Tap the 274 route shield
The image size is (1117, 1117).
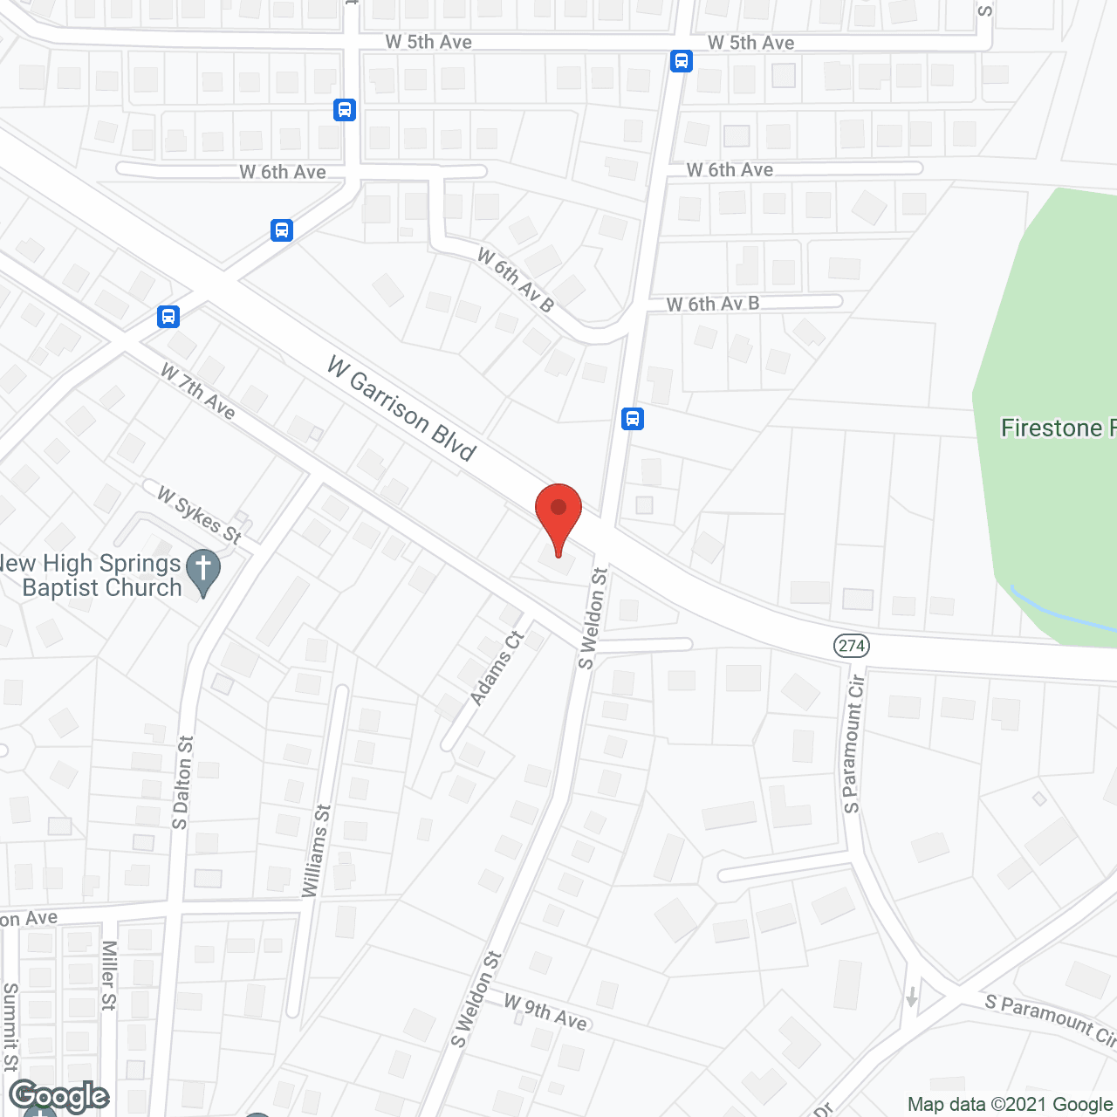[x=851, y=646]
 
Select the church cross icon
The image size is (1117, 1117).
[x=202, y=572]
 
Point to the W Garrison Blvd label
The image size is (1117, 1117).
[x=401, y=408]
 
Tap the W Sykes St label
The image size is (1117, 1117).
[x=199, y=516]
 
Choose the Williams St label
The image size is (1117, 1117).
[x=316, y=851]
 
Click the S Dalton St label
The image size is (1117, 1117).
[x=182, y=783]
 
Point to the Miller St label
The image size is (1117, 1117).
[x=108, y=975]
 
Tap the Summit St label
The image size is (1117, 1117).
[x=10, y=1026]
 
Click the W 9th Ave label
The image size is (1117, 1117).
[x=545, y=1011]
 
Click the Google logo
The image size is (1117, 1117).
[x=59, y=1096]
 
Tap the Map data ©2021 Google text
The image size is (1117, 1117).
[x=1010, y=1105]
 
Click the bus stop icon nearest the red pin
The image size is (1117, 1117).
[x=633, y=419]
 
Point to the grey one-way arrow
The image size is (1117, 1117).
[x=911, y=996]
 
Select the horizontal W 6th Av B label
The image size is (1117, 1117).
[x=713, y=304]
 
